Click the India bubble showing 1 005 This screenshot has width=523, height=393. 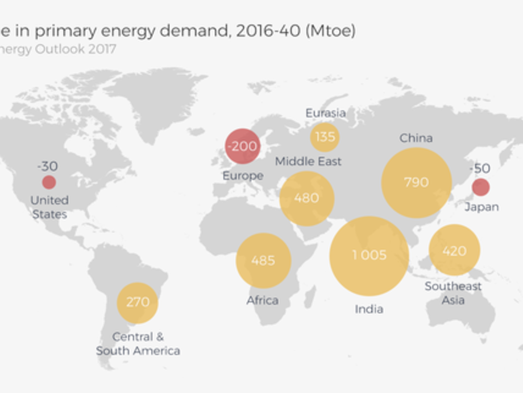tap(369, 256)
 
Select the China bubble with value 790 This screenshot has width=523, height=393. tap(416, 183)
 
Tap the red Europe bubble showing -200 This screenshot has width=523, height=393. tap(242, 146)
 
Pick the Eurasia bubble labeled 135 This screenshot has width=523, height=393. tap(325, 137)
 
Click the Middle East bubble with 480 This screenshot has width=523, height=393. tap(306, 199)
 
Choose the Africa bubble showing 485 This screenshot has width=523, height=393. tap(263, 260)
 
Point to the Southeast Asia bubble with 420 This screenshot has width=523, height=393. tap(454, 251)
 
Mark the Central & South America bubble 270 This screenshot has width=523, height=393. tap(138, 302)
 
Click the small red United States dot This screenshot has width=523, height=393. tap(49, 182)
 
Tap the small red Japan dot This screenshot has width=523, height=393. tap(481, 187)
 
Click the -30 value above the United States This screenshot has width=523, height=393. tap(47, 166)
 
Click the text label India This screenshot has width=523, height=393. tap(369, 309)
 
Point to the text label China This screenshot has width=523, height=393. tap(416, 138)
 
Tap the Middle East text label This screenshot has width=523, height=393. tap(308, 161)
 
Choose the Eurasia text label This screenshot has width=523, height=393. tap(325, 113)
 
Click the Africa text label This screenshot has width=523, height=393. tap(263, 300)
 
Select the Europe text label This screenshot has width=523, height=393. tap(243, 175)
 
